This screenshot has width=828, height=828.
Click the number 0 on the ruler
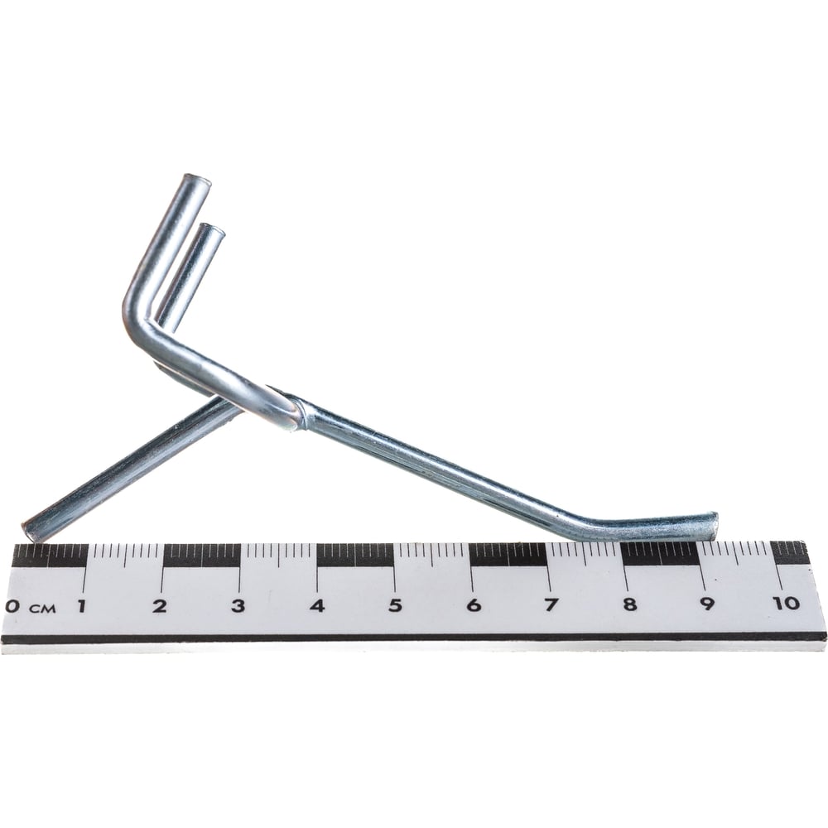(x=12, y=606)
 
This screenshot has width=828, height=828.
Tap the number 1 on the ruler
(x=81, y=606)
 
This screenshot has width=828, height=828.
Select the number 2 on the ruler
(x=160, y=606)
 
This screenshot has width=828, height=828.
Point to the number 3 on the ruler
(x=238, y=606)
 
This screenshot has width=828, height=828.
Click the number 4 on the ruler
(x=317, y=605)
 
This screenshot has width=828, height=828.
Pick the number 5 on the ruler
(x=395, y=605)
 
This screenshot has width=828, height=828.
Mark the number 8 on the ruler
(x=629, y=604)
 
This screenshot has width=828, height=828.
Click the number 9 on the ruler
(x=707, y=603)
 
